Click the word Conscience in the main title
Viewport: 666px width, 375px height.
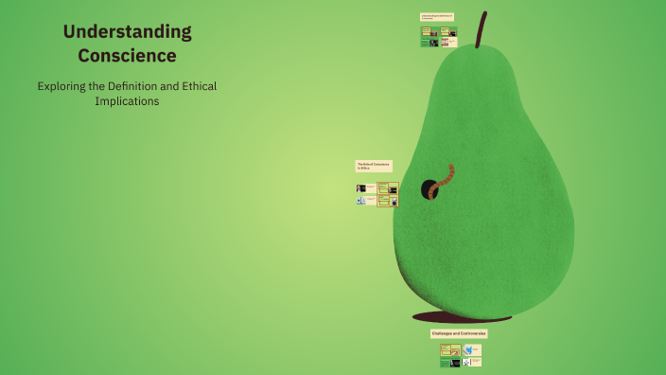coord(127,56)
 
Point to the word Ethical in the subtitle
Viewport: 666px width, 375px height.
coord(197,86)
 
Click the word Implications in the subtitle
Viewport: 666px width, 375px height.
coord(127,101)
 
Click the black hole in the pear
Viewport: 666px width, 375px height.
coord(429,188)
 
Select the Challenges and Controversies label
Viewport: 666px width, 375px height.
coord(459,333)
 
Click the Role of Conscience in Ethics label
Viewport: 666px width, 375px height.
coord(373,166)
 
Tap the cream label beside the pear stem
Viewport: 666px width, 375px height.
coord(438,17)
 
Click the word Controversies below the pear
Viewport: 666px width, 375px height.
coord(472,333)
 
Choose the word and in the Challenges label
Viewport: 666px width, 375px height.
coord(456,333)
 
